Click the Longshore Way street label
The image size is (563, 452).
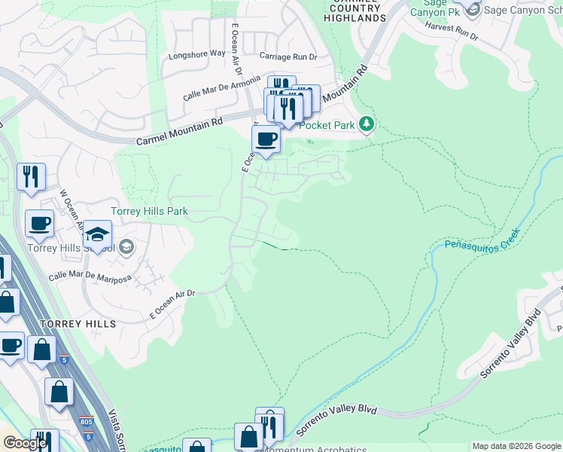[x=197, y=53]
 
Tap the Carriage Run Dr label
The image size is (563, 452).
[x=288, y=56]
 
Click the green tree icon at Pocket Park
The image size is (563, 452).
[x=366, y=124]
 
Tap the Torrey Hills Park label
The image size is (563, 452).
[x=149, y=212]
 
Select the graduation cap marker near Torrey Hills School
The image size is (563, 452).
[x=97, y=233]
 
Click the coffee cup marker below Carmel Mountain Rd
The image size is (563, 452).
[x=266, y=139]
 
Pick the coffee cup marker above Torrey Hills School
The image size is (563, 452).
[x=39, y=223]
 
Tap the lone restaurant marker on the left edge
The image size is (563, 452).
[x=31, y=176]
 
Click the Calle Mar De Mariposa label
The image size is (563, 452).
[x=90, y=278]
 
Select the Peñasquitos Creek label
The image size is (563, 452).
[x=482, y=243]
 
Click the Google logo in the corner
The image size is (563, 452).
[x=25, y=443]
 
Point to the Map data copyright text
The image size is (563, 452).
[x=516, y=446]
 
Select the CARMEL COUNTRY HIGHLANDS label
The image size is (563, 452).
[x=355, y=11]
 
